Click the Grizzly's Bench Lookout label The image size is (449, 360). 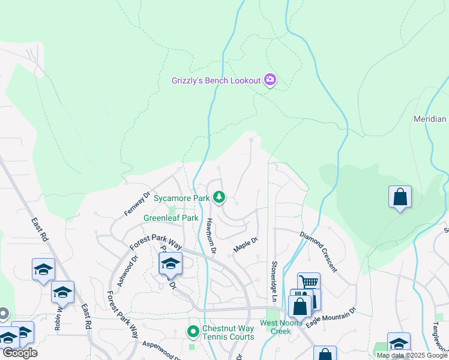tap(216, 80)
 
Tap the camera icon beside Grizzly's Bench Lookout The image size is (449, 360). tap(270, 80)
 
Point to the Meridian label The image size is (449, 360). tap(430, 119)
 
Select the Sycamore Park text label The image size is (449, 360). tap(181, 197)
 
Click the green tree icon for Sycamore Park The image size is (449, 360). tap(219, 197)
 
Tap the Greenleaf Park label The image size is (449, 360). tap(170, 218)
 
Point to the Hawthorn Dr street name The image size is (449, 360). tap(211, 233)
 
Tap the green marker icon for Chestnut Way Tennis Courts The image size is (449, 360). tap(193, 331)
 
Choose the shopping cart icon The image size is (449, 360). tap(309, 281)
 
